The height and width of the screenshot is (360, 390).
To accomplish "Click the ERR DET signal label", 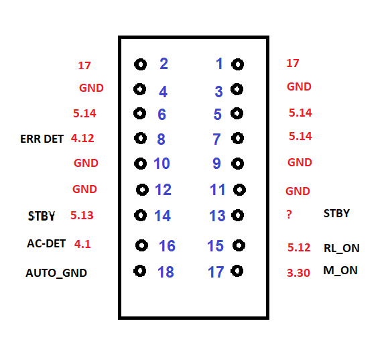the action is [42, 139].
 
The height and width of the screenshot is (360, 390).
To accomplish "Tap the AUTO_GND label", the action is [56, 273].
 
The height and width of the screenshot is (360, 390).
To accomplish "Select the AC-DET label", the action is [46, 243].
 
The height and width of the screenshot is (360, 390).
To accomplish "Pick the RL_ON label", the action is [342, 248].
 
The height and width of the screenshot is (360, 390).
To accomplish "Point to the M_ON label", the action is [340, 271].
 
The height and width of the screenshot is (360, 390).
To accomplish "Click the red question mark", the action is [289, 215].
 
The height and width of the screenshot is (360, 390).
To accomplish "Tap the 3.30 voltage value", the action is [298, 273].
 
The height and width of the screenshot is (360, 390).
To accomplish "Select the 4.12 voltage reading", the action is [82, 138].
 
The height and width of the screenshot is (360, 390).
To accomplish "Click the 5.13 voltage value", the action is [82, 215].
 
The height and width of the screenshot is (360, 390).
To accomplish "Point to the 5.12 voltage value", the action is [299, 247].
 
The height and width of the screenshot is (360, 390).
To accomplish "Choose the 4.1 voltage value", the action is [82, 244].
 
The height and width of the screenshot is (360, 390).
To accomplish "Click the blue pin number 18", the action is [166, 272].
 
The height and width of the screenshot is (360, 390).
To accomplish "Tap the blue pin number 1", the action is [219, 64].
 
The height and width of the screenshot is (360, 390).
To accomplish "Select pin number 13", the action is [217, 215].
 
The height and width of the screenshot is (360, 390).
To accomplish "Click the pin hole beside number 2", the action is [140, 64].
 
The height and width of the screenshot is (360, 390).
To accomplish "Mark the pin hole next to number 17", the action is [237, 271].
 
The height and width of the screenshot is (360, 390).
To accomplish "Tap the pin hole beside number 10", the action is [140, 164].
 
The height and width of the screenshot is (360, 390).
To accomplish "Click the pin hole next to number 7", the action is [237, 138].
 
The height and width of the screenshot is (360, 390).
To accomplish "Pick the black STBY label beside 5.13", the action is [42, 216].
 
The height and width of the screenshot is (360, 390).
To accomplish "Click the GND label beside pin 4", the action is [91, 88].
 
